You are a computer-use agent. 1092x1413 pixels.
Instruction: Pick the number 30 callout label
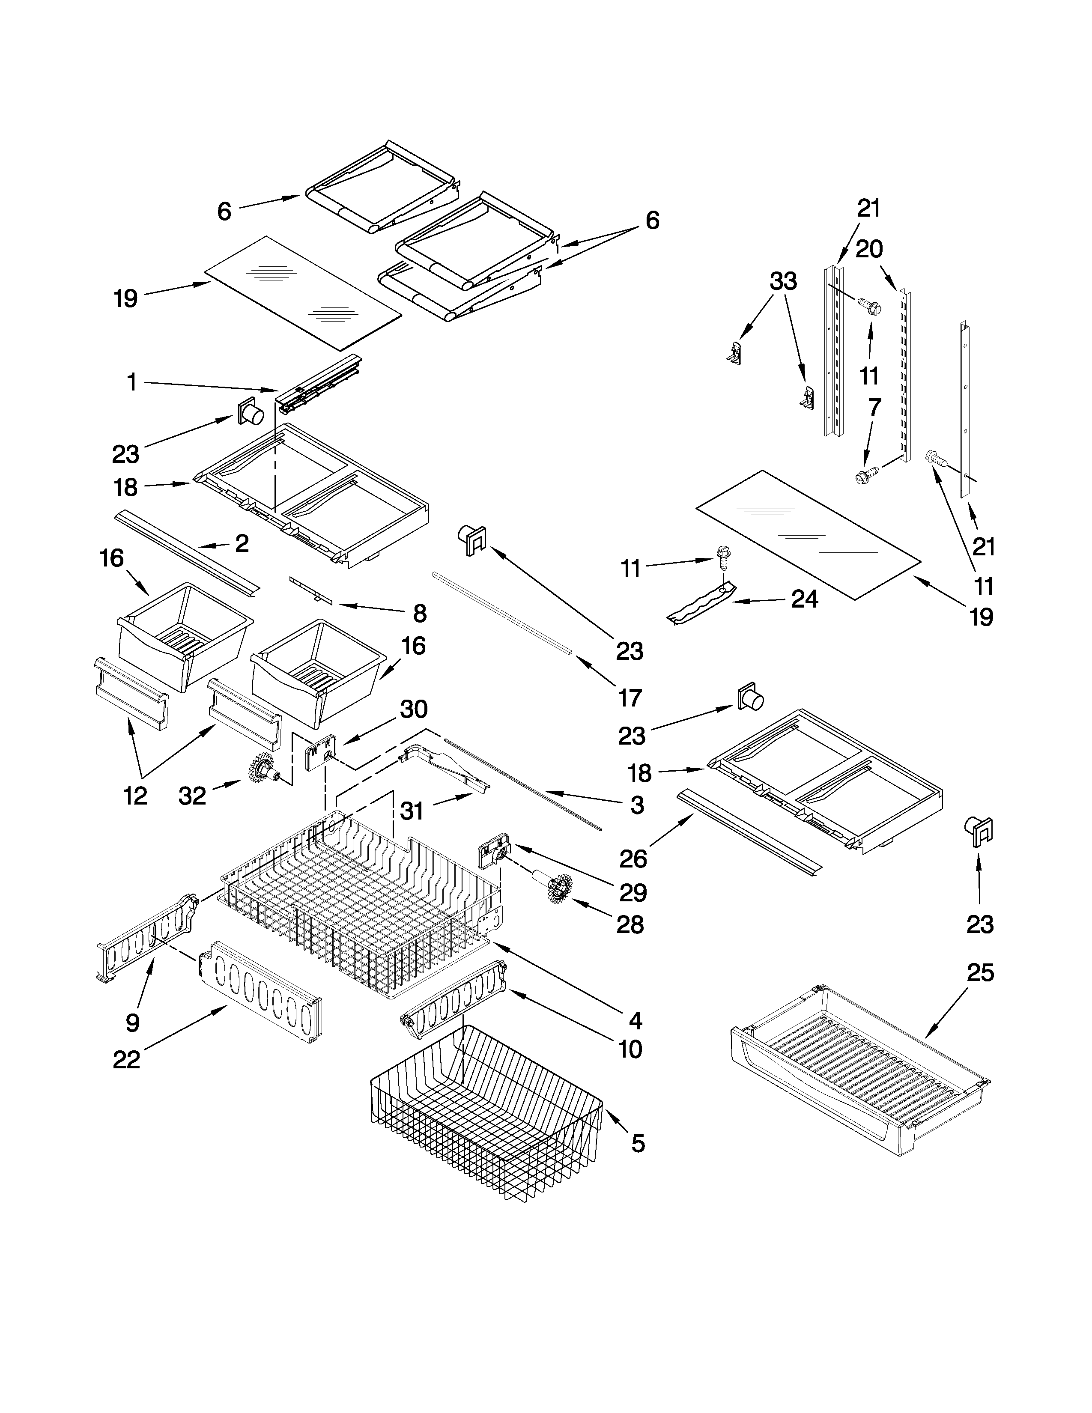pyautogui.click(x=413, y=709)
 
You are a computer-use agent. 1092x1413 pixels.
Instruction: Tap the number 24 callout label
pyautogui.click(x=804, y=599)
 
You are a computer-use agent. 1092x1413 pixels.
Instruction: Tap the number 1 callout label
pyautogui.click(x=131, y=382)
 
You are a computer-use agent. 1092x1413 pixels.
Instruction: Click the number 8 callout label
pyautogui.click(x=419, y=613)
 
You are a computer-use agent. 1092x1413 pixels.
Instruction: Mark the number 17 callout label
pyautogui.click(x=630, y=698)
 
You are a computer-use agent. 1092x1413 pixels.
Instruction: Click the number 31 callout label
pyautogui.click(x=412, y=810)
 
